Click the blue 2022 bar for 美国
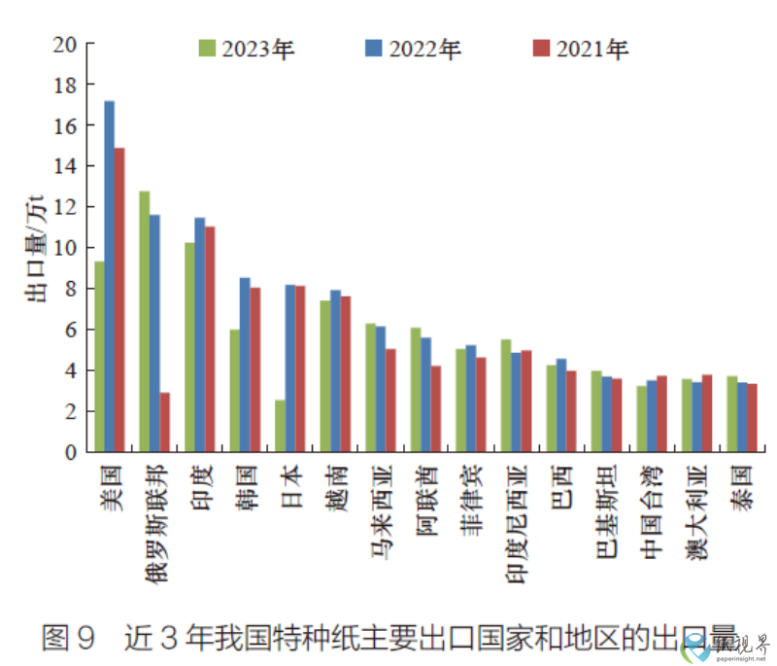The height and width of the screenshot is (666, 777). tap(110, 276)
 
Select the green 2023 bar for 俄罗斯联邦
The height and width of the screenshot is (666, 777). tap(145, 321)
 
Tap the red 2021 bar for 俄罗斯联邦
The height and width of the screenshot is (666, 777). tap(165, 422)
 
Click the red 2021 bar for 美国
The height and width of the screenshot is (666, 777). tap(119, 299)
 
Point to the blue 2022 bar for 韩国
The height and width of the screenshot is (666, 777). tap(245, 365)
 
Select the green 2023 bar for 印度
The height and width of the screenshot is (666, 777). tap(189, 347)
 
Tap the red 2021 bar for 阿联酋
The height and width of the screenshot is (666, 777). tap(436, 408)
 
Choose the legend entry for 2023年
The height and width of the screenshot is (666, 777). tap(247, 49)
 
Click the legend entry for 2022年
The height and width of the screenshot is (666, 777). tap(413, 49)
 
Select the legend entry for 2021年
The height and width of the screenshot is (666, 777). tap(580, 49)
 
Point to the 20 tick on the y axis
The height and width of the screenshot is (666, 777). tap(65, 45)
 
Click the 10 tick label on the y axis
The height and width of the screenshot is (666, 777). tap(65, 248)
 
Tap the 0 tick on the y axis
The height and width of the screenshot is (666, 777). tap(70, 452)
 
